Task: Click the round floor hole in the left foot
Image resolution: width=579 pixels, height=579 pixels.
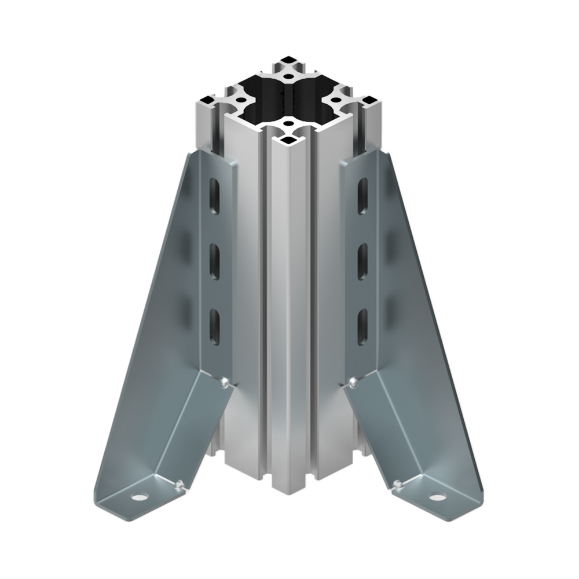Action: (x=138, y=497)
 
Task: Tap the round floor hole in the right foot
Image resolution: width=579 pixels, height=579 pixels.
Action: (x=437, y=497)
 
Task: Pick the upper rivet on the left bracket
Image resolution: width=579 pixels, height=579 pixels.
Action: (x=225, y=382)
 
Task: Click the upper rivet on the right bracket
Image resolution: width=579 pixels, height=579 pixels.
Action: (x=353, y=382)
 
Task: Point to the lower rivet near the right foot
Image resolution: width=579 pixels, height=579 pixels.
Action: (x=397, y=484)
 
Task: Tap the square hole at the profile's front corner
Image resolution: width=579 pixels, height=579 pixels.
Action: (x=288, y=140)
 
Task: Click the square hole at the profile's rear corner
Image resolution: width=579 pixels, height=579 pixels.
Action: (x=288, y=60)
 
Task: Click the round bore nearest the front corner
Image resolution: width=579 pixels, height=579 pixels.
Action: (x=288, y=124)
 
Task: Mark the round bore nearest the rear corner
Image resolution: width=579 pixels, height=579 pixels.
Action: (x=288, y=75)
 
